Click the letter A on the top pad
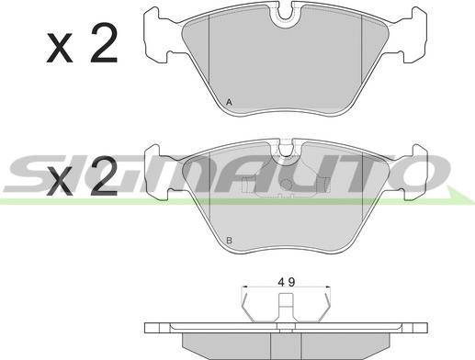tap(229, 102)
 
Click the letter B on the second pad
tap(229, 241)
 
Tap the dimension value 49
tap(287, 282)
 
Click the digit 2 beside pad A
tap(104, 43)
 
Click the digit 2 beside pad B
tap(104, 175)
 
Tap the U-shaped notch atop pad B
tap(286, 151)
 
